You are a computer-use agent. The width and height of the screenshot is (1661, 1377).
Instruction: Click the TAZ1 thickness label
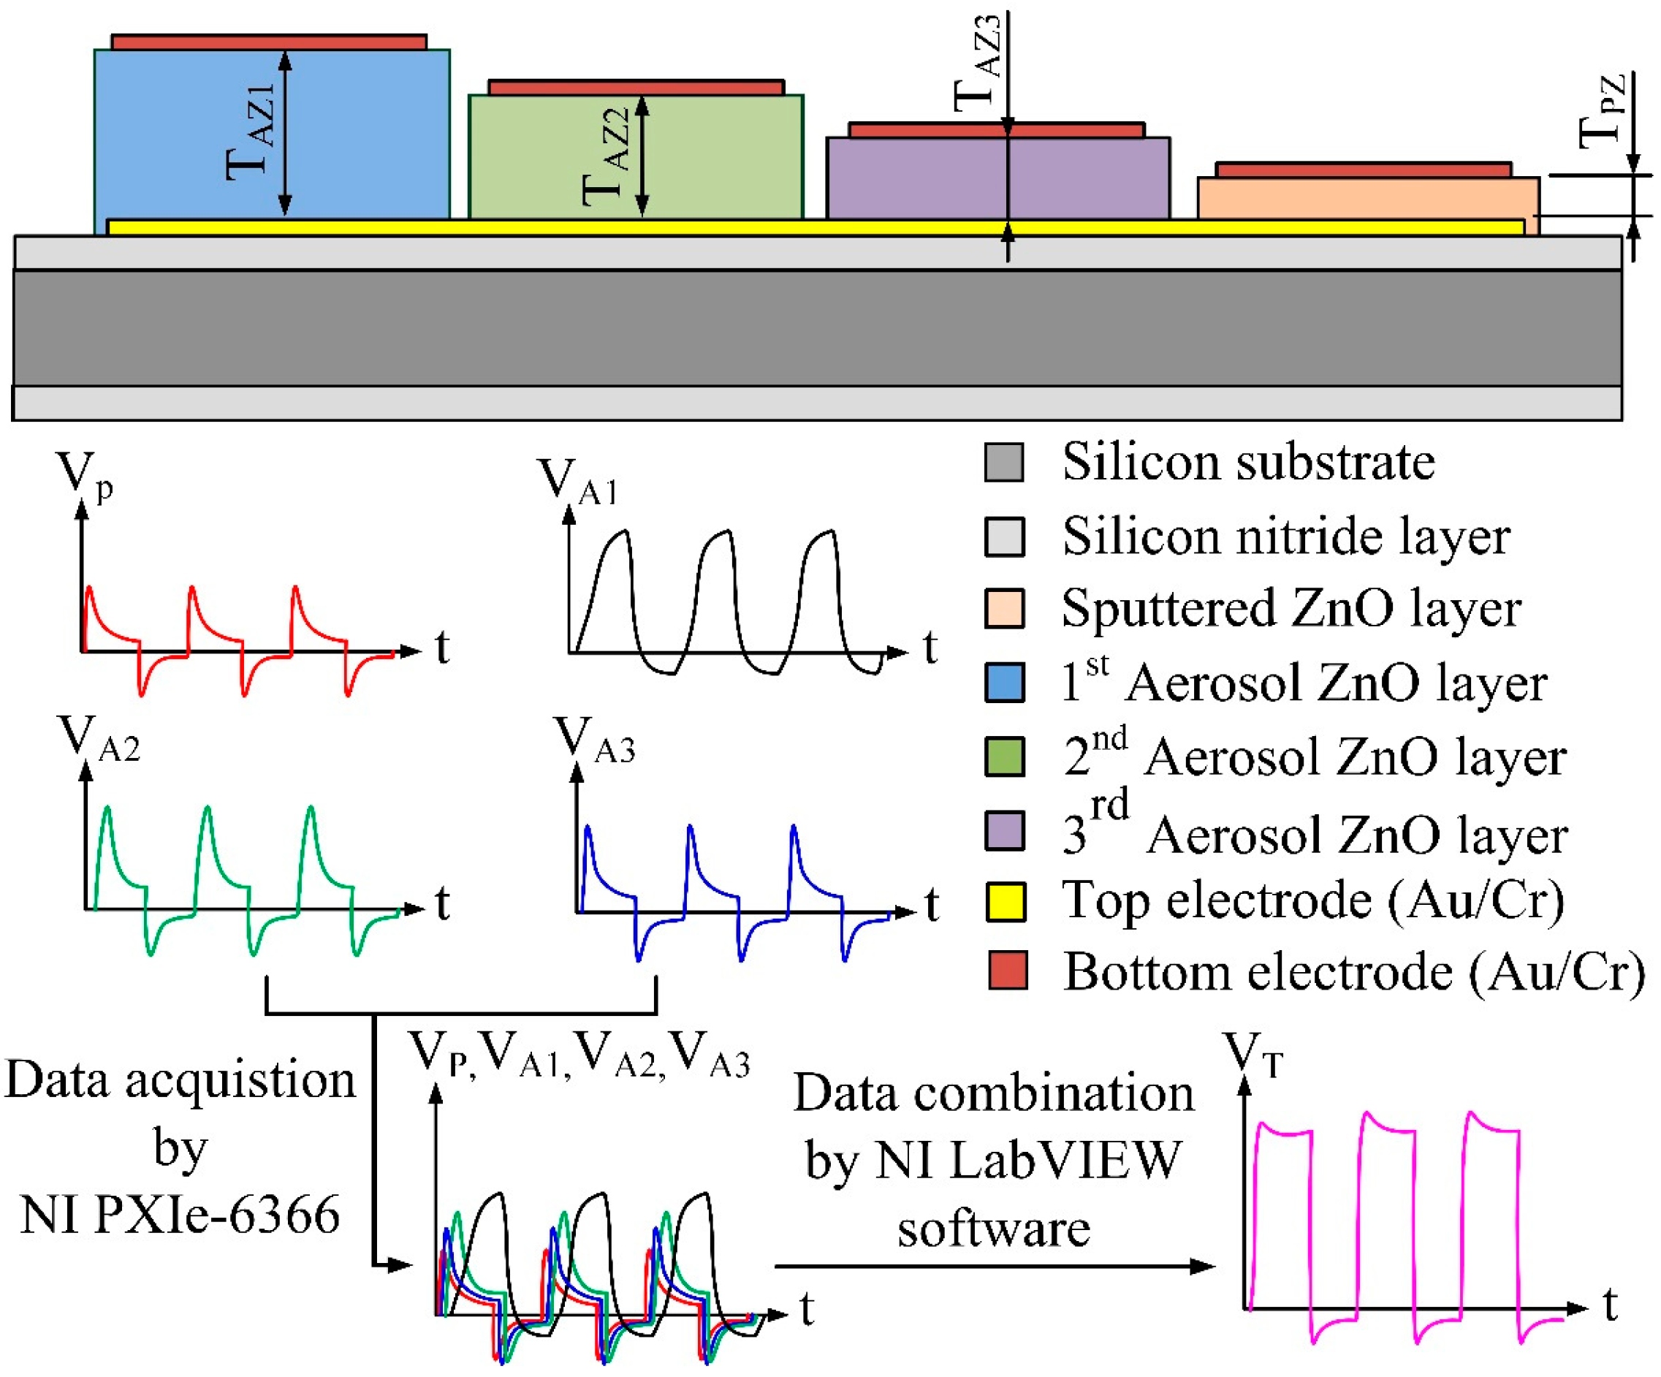click(252, 132)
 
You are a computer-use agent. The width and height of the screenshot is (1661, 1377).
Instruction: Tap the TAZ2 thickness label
click(607, 156)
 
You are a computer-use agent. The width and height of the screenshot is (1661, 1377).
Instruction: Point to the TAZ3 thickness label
click(978, 64)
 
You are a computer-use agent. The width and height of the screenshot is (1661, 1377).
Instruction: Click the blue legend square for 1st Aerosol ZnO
click(1006, 682)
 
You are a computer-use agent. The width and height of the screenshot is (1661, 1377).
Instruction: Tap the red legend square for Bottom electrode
click(1008, 971)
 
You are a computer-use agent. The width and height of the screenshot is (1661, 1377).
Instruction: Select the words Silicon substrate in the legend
click(1248, 462)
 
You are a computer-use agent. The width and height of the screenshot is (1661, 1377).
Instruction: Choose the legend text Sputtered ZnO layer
click(1291, 609)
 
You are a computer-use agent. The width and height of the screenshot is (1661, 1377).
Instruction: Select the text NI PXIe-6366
click(180, 1215)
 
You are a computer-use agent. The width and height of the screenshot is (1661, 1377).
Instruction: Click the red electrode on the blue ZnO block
click(269, 42)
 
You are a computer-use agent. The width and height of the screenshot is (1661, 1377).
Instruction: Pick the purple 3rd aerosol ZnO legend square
click(1006, 830)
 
